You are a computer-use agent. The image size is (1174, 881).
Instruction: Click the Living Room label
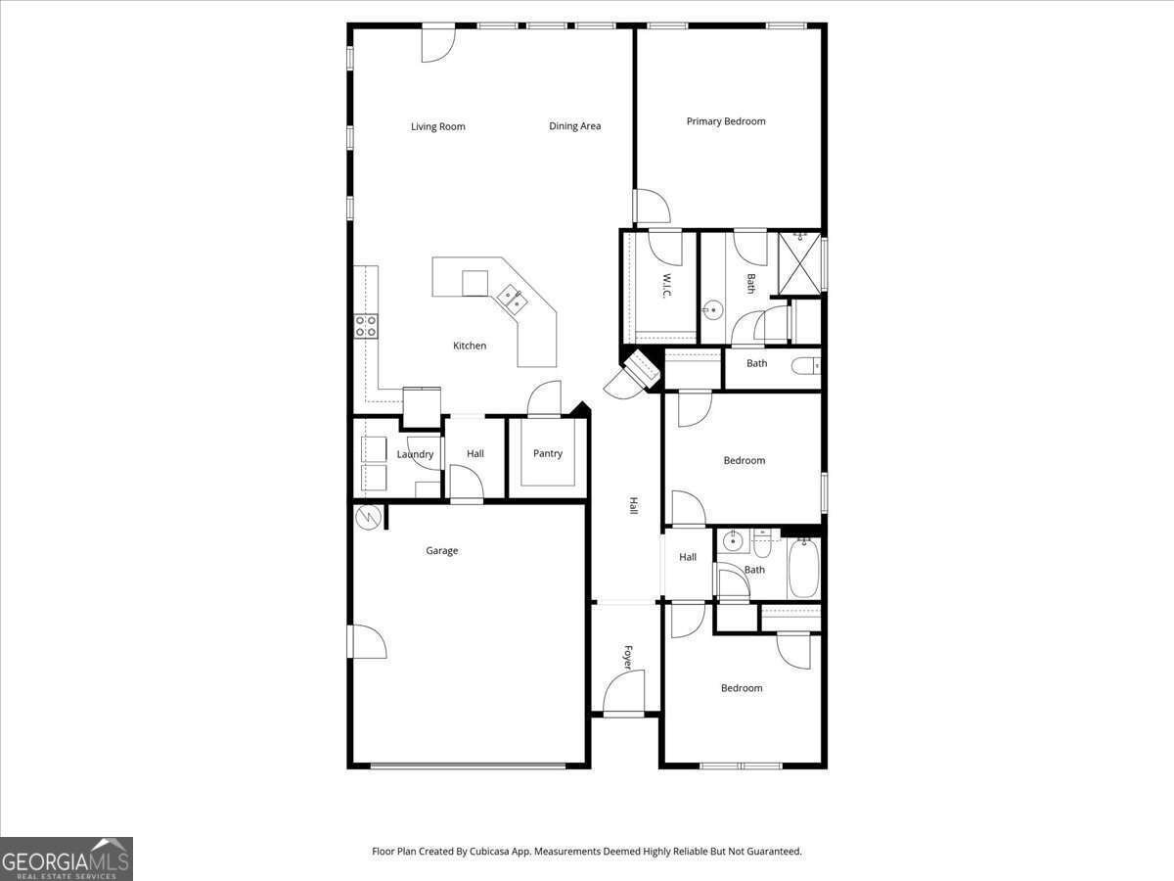click(x=438, y=127)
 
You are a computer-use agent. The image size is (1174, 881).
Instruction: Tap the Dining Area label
click(x=575, y=126)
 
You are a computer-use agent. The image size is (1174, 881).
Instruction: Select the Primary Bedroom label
click(x=726, y=121)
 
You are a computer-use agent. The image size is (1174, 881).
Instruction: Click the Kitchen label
click(x=470, y=346)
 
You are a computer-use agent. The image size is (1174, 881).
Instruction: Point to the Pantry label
click(x=548, y=453)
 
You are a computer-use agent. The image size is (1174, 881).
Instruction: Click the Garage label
click(x=442, y=550)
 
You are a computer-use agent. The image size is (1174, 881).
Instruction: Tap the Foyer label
click(x=628, y=658)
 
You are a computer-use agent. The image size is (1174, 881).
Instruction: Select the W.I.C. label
click(x=666, y=286)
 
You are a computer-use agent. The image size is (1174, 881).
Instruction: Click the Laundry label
click(x=415, y=454)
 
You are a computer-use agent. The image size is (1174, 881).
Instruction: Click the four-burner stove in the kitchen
click(x=366, y=326)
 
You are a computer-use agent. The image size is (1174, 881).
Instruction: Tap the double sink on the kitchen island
click(x=513, y=301)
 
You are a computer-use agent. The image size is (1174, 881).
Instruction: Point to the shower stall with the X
click(x=799, y=263)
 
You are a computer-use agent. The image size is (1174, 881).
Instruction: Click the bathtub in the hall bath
click(x=803, y=568)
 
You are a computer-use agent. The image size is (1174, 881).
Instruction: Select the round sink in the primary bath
click(x=712, y=309)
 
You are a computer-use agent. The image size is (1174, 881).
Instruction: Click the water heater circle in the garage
click(x=368, y=517)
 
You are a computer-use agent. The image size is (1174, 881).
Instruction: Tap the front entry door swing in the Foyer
click(x=623, y=690)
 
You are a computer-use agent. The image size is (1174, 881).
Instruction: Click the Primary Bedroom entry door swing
click(x=653, y=207)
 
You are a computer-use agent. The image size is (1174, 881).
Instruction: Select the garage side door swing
click(x=369, y=641)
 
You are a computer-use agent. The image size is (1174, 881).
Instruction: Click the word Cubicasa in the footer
click(x=489, y=851)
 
